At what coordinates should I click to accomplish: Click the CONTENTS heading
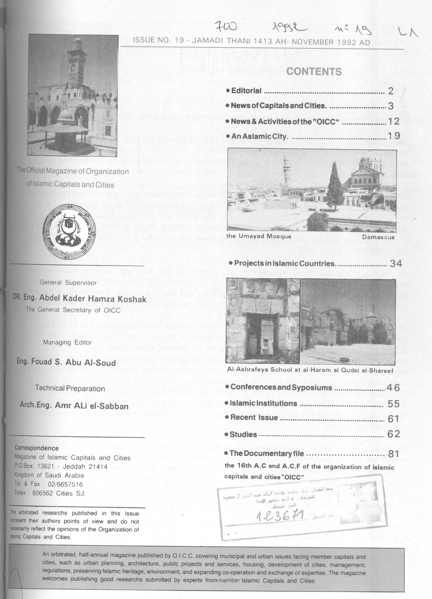coord(314,72)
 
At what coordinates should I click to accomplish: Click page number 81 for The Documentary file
coord(393,454)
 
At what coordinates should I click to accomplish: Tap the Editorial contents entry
coord(246,91)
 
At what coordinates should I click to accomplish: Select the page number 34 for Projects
coord(396,263)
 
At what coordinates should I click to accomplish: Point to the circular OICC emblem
coord(69,231)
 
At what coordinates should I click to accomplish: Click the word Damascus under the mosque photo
coord(378,237)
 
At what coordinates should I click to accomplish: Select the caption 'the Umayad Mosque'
coord(259,236)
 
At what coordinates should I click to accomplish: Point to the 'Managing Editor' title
coord(67,343)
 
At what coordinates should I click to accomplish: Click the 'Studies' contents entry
coord(243,434)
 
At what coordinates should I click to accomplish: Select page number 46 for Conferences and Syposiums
coord(393,387)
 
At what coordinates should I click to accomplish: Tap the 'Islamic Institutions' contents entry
coord(263,403)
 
